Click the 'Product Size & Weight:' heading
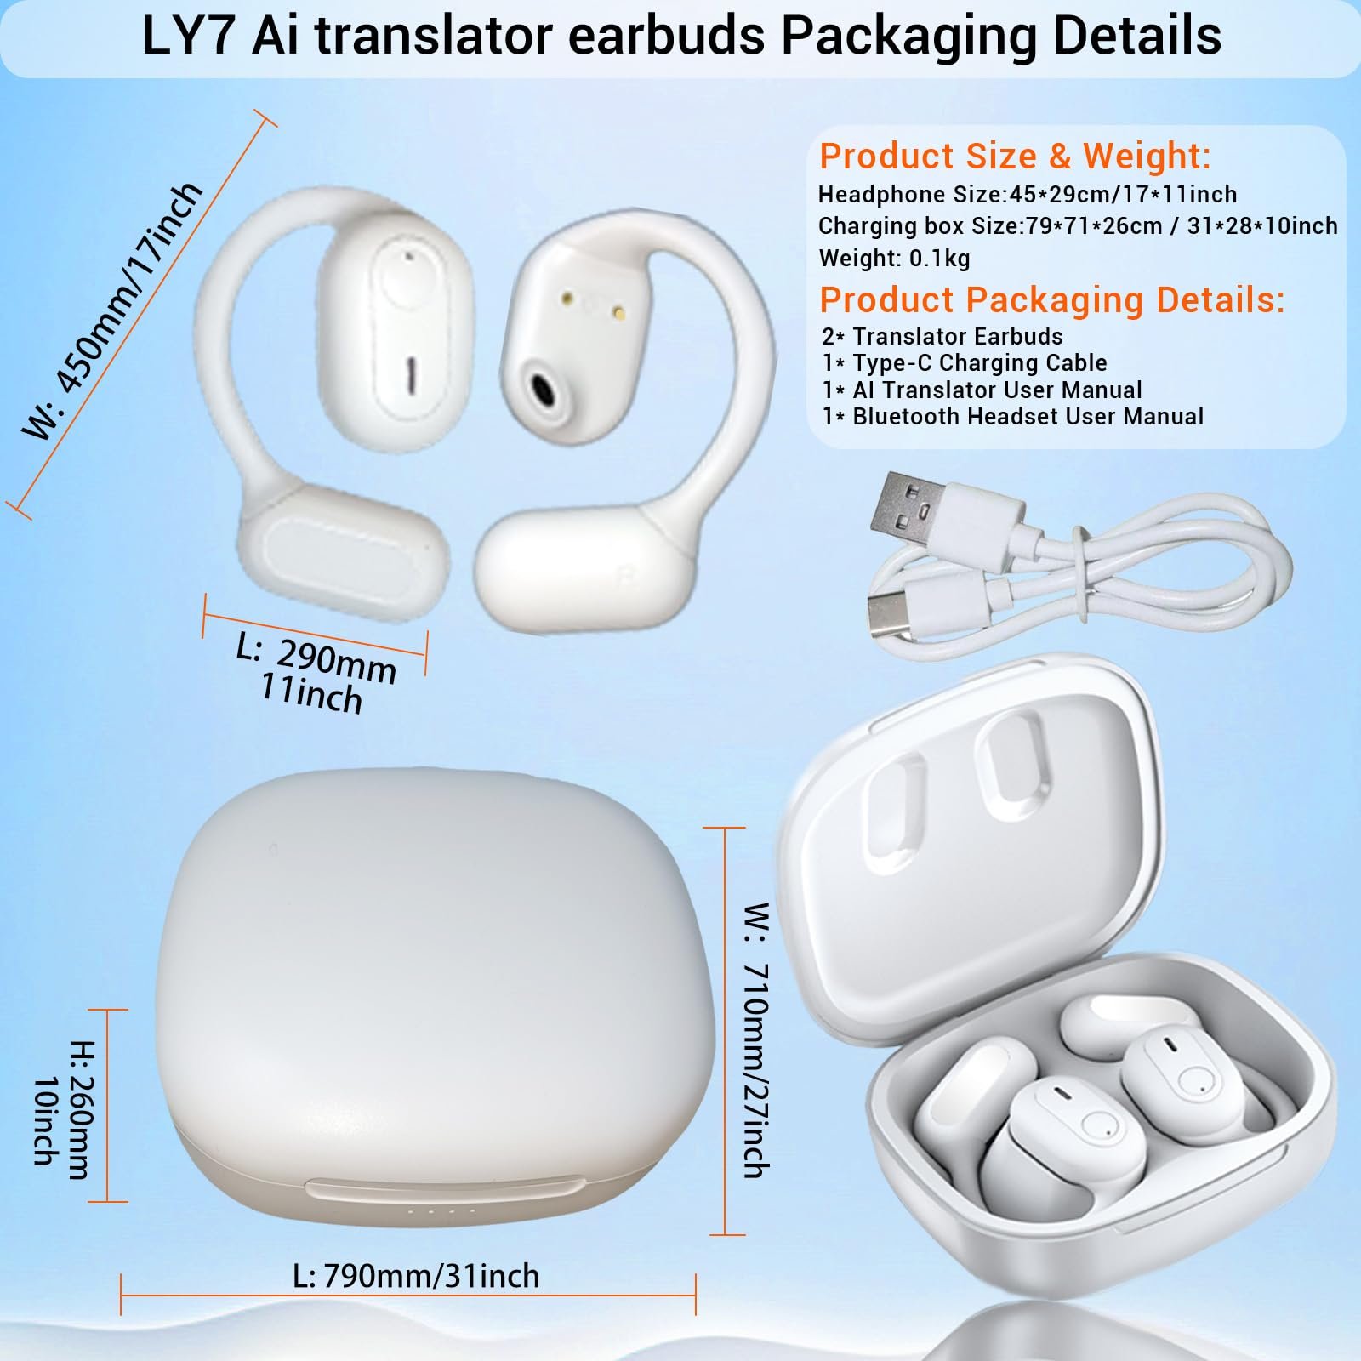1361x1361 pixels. coord(1014,157)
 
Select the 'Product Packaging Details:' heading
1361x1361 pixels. coord(1051,300)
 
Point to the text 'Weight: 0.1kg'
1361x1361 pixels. coord(894,258)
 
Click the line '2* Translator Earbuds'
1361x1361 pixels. coord(942,336)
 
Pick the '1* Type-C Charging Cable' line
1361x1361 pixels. coord(965,363)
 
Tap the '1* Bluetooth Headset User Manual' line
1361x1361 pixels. coord(1012,417)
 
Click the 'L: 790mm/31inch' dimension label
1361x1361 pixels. coord(416,1276)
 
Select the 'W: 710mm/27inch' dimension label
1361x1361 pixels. coord(756,1039)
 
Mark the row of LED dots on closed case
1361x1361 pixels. coord(441,1211)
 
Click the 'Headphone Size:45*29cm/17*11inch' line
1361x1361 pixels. coord(1027,195)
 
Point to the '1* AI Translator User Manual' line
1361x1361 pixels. coord(982,390)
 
